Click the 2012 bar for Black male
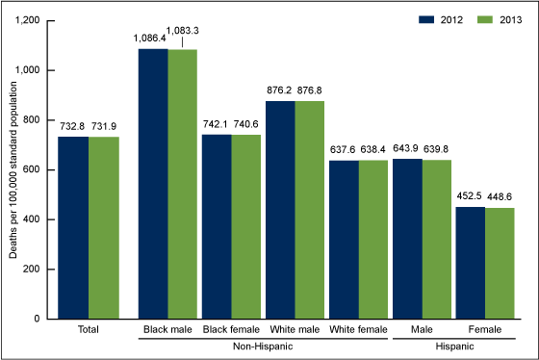point(153,183)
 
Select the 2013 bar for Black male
point(183,183)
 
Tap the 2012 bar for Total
point(74,227)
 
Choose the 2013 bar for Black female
point(246,226)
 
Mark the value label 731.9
point(106,129)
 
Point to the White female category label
point(358,330)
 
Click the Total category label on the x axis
point(90,330)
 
